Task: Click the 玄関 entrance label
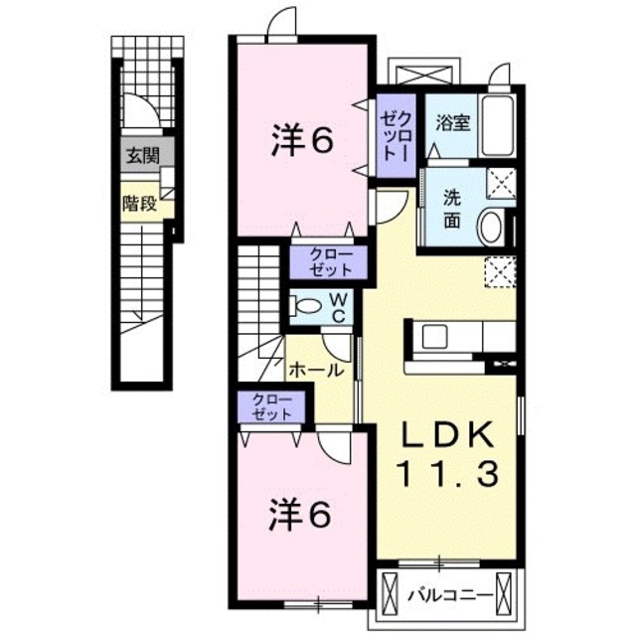143,156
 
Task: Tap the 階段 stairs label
140,204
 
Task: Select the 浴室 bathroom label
453,123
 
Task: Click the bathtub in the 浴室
498,127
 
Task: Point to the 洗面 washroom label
452,209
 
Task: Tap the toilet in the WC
305,305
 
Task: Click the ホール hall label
316,370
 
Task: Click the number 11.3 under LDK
448,474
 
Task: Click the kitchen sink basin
435,336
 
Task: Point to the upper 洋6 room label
302,139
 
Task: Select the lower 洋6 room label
299,515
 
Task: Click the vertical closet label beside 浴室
396,136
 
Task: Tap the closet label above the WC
330,262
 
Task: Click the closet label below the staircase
271,406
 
